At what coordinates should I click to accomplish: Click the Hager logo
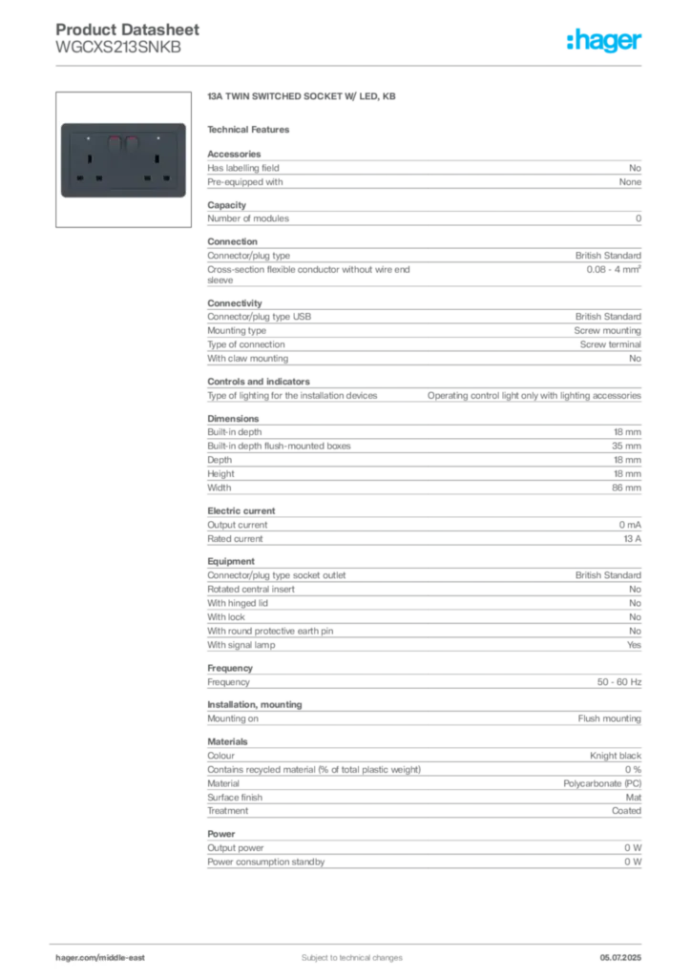[x=604, y=40]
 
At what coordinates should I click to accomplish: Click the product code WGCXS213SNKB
[x=118, y=48]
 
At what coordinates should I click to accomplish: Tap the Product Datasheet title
[x=127, y=30]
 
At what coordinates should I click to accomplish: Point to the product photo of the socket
[x=123, y=160]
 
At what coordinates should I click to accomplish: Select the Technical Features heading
[x=248, y=130]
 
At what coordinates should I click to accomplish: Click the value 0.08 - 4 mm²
[x=613, y=269]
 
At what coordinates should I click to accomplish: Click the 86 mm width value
[x=626, y=488]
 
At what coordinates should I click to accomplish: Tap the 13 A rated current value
[x=633, y=539]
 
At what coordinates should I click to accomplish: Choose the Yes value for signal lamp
[x=634, y=645]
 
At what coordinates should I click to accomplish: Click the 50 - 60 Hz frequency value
[x=618, y=682]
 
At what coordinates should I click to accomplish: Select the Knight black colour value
[x=615, y=756]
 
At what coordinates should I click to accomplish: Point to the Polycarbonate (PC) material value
[x=602, y=784]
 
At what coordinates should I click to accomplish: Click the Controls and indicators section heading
[x=259, y=382]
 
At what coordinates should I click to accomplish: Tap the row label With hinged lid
[x=238, y=603]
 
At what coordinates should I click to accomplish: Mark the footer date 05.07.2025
[x=620, y=958]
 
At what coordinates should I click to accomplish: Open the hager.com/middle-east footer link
[x=99, y=958]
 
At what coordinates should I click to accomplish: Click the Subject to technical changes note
[x=352, y=958]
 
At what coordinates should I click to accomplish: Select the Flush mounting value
[x=609, y=718]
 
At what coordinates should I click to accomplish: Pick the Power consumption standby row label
[x=266, y=862]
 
